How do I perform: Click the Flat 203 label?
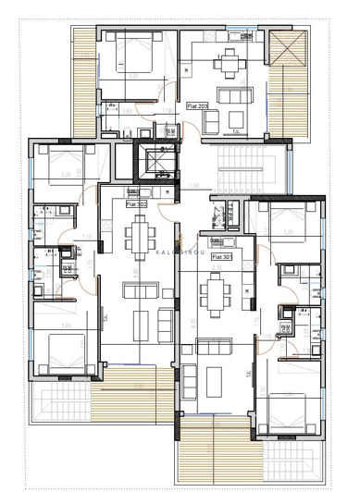pos(197,106)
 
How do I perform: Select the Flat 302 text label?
pos(137,206)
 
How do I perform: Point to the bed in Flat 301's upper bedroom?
pos(283,222)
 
